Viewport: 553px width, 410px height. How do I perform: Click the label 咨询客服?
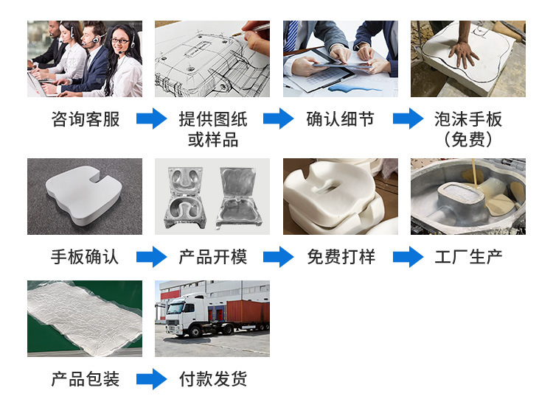coord(85,119)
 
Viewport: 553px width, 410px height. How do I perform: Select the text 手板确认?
coord(85,257)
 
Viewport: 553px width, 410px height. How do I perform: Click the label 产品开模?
coord(212,257)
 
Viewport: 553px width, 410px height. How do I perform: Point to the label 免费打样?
coord(340,257)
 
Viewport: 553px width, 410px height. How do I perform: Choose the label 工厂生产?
coord(468,257)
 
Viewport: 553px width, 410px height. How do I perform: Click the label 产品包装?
coord(85,379)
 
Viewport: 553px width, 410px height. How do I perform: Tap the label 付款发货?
coord(212,379)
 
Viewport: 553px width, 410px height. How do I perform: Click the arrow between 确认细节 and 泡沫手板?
coord(408,119)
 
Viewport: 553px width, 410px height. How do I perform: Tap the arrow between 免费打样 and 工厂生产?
coord(408,257)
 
